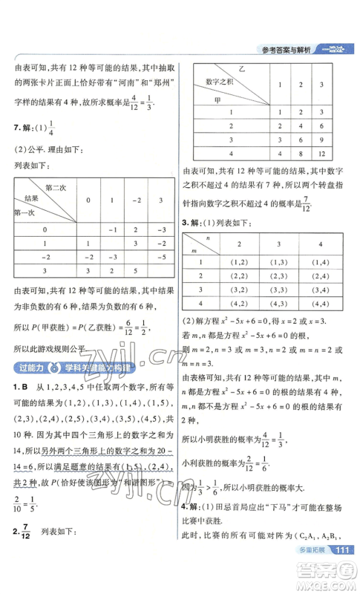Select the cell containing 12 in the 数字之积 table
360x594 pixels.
pyautogui.click(x=321, y=154)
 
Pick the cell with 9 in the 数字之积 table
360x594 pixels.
pyautogui.click(x=321, y=140)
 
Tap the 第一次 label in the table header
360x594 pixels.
pyautogui.click(x=27, y=213)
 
